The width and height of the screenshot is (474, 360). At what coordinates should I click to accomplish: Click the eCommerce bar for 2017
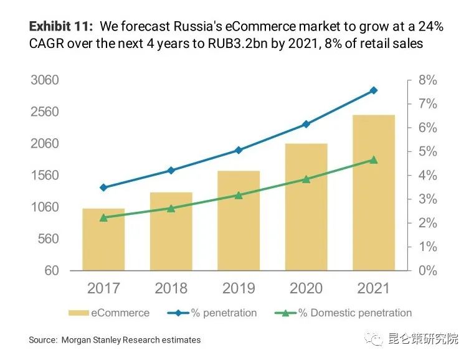click(x=103, y=240)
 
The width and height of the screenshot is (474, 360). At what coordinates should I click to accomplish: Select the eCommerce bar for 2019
click(x=239, y=221)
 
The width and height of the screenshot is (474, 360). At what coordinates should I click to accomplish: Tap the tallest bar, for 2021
click(x=374, y=193)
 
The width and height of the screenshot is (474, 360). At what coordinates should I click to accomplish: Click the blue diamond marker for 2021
click(x=374, y=90)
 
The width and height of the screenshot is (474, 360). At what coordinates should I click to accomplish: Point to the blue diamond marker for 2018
click(x=171, y=171)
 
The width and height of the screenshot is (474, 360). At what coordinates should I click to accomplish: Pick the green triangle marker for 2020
click(x=306, y=179)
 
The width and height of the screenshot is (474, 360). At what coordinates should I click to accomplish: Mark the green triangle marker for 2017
click(x=103, y=217)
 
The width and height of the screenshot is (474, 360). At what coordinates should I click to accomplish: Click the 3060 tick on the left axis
click(x=45, y=80)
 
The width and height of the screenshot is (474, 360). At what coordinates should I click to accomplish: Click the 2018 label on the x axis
click(x=171, y=288)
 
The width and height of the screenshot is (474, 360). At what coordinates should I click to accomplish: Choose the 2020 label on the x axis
click(x=306, y=288)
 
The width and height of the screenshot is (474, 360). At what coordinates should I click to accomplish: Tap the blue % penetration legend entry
click(x=212, y=313)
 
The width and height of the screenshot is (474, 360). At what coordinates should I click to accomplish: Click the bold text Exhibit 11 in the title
click(x=61, y=27)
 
